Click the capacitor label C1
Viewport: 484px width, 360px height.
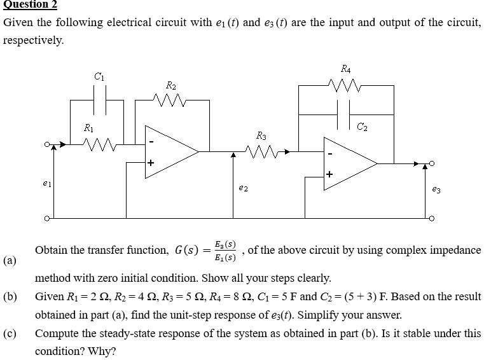pos(99,77)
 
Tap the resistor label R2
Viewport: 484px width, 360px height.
pos(170,85)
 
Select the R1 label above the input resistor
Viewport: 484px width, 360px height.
pos(90,128)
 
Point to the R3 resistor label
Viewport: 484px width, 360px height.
pos(261,135)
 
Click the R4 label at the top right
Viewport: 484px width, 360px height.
pos(345,67)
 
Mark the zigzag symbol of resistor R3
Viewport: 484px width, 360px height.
pos(259,152)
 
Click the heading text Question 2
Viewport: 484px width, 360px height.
pos(30,5)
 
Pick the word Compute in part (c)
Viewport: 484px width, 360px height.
pos(56,333)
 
